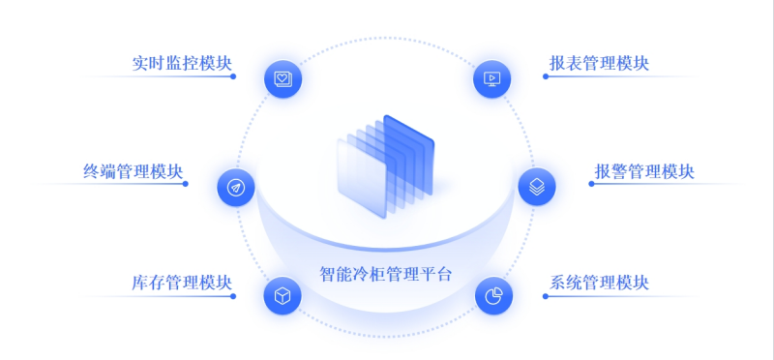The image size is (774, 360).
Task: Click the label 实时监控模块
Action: (182, 64)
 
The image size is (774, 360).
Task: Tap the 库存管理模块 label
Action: (182, 283)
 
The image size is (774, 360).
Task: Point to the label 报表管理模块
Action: (598, 64)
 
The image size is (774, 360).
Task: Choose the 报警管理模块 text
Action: (643, 172)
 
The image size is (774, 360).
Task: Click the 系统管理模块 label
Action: (598, 283)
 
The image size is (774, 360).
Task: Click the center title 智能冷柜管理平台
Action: (385, 273)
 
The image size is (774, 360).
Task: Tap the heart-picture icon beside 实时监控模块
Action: (283, 77)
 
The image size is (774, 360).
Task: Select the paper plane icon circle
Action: (235, 187)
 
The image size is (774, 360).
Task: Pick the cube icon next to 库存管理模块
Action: (283, 295)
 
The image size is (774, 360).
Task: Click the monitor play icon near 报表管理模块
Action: (491, 78)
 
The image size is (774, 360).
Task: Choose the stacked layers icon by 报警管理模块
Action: (537, 186)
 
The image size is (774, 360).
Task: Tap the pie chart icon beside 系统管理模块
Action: (492, 295)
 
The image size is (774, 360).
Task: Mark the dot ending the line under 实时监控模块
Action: (233, 76)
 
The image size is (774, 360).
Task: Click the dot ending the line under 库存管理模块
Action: (233, 295)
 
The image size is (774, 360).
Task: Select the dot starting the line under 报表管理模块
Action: (545, 76)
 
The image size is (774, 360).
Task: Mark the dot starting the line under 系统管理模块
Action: (545, 295)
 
